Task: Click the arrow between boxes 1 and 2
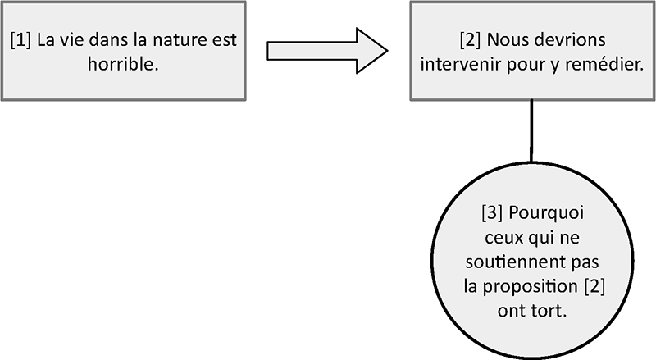click(327, 51)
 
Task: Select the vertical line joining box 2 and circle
click(531, 131)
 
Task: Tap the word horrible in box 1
click(124, 64)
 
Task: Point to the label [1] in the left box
click(20, 40)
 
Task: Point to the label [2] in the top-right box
click(470, 40)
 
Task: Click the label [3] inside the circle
click(492, 213)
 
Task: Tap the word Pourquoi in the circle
click(546, 213)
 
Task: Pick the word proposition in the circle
click(528, 287)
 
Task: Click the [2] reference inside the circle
click(594, 287)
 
